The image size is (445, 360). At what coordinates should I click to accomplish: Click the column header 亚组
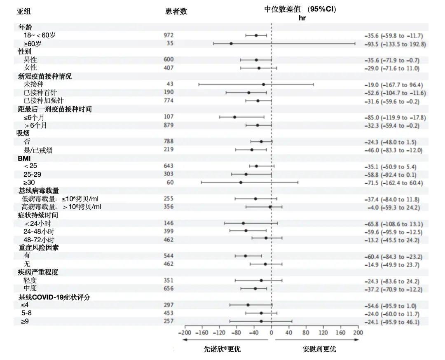23,11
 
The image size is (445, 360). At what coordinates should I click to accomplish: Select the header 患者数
176,11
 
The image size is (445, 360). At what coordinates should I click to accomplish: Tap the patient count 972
169,35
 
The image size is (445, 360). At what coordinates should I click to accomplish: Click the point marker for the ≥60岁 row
231,43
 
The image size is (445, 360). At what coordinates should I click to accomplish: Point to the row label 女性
30,68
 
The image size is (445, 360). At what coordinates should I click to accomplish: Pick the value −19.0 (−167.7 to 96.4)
393,84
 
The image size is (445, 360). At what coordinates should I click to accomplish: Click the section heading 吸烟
24,133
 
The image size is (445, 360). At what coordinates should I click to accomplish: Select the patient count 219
169,150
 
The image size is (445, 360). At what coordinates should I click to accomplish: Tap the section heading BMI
24,158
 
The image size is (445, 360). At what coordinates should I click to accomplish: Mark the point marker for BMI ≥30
241,182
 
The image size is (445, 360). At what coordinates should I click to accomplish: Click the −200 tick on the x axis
185,332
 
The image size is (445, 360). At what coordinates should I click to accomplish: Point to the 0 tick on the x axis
271,332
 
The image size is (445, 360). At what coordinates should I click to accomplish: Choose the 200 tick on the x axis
358,332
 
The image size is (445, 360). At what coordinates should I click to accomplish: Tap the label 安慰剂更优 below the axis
319,349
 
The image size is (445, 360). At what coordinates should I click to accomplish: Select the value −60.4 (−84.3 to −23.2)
393,257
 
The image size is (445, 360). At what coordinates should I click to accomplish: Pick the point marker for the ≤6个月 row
234,117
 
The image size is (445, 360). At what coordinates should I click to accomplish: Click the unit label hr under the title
302,18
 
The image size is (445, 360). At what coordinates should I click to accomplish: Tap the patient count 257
169,321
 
